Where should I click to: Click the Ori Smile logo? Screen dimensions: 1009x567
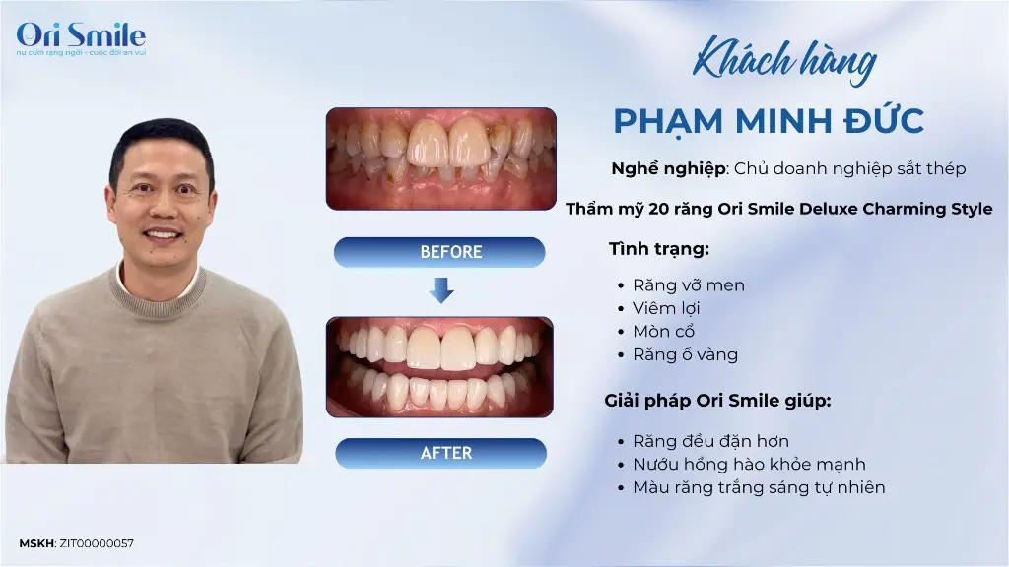click(81, 38)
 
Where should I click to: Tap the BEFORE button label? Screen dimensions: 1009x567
click(451, 252)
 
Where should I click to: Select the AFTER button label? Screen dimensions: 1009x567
click(446, 453)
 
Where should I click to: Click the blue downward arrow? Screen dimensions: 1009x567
click(441, 290)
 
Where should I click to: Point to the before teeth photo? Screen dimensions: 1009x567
click(440, 158)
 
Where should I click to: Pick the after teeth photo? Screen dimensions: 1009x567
click(439, 367)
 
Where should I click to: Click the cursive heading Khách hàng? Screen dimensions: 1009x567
click(784, 62)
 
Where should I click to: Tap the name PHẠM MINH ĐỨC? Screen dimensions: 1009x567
click(769, 121)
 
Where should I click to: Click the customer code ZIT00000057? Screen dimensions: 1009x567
click(97, 543)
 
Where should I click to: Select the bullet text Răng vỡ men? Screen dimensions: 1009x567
click(689, 285)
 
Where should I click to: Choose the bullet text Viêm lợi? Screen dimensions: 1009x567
click(666, 308)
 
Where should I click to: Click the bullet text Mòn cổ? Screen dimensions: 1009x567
click(663, 332)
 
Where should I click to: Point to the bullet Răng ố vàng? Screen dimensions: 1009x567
click(686, 354)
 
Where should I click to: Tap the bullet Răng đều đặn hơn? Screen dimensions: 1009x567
click(710, 441)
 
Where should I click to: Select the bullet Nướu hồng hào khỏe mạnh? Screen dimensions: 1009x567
click(749, 465)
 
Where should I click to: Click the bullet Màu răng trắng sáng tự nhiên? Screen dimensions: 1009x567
click(759, 487)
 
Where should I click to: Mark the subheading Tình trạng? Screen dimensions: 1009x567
click(659, 249)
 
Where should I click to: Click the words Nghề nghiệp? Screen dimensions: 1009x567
click(669, 169)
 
